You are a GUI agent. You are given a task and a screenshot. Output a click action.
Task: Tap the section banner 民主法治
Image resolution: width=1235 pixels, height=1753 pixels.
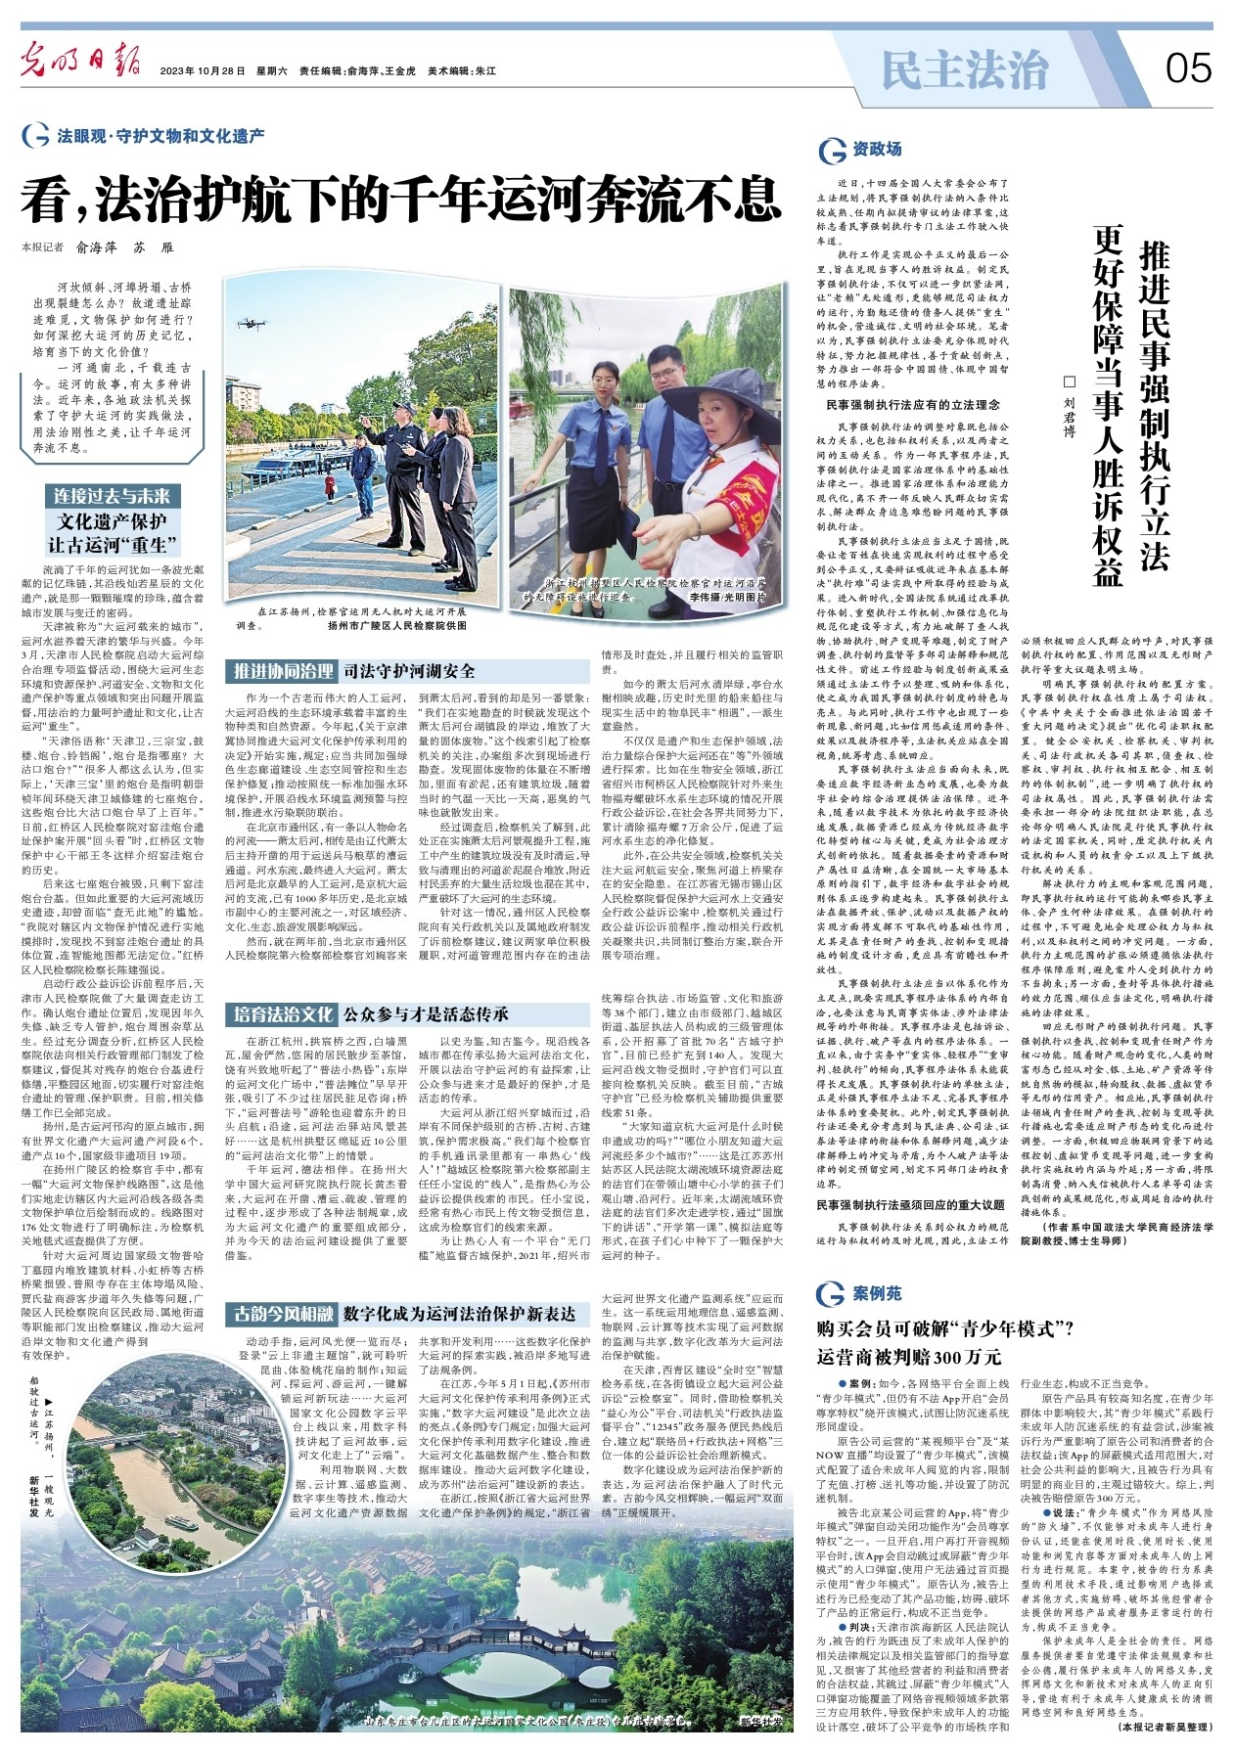click(x=964, y=69)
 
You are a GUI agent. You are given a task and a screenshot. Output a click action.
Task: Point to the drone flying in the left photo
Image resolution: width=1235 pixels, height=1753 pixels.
click(x=251, y=321)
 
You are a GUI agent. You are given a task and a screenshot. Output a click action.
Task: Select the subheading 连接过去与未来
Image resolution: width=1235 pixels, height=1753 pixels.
click(x=113, y=496)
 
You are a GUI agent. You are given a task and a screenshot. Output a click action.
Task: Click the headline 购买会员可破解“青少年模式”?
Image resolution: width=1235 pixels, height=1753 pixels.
click(x=945, y=1328)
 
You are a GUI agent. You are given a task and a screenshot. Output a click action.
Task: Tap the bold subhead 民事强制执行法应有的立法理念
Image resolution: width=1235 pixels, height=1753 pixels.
click(x=913, y=404)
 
